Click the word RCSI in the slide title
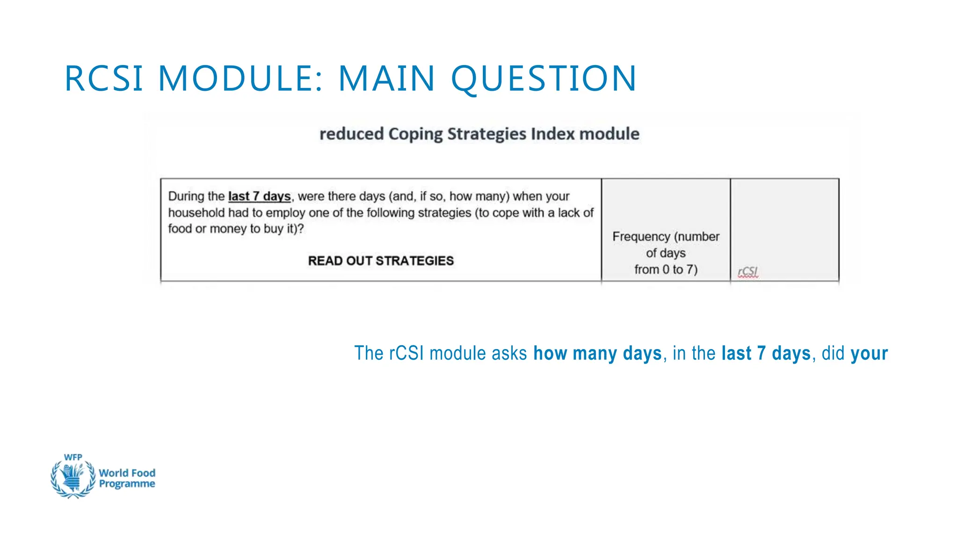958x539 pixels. [104, 78]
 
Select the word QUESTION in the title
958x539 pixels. [544, 78]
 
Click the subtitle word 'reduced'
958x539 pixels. [351, 134]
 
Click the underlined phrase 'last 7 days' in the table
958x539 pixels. [259, 197]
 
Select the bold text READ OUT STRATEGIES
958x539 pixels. [381, 261]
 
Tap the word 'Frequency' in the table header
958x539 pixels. [641, 237]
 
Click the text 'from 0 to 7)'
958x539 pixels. [666, 269]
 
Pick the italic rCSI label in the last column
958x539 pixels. [748, 272]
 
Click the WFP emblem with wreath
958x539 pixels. [73, 478]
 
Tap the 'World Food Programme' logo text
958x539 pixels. [127, 478]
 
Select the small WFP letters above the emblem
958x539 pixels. [73, 457]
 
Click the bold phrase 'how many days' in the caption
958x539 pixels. [597, 353]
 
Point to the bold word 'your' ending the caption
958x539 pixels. [869, 353]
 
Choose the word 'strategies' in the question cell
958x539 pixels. [444, 213]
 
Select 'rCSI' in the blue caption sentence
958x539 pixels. [406, 353]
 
